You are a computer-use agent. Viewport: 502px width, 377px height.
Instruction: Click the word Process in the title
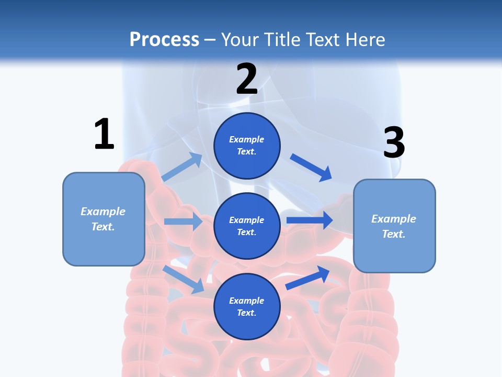coord(164,39)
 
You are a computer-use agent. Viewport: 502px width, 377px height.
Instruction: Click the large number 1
coord(104,134)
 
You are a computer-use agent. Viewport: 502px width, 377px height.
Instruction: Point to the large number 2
coord(247,79)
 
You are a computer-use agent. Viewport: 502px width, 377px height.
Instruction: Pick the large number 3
coord(394,143)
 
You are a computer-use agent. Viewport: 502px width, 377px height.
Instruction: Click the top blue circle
coord(247,146)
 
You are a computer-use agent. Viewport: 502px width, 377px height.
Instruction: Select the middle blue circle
coord(247,226)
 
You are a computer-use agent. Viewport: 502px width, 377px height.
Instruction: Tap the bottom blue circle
coord(247,306)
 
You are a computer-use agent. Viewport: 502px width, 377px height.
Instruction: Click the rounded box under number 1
coord(104,219)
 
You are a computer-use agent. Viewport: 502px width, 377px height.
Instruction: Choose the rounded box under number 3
coord(394,226)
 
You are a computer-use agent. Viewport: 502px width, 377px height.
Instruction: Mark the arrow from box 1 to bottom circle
coord(184,280)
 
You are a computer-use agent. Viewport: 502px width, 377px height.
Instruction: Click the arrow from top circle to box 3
coord(311,168)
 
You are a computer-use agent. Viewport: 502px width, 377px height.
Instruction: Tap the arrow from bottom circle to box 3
coord(307,278)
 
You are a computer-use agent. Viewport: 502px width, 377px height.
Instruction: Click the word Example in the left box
coord(103,212)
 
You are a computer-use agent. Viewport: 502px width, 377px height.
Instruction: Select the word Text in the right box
coord(393,234)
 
